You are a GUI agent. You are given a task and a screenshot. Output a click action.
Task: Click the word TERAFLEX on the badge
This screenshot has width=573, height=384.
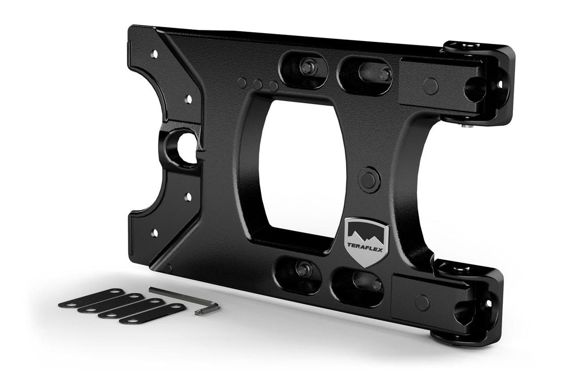pos(366,250)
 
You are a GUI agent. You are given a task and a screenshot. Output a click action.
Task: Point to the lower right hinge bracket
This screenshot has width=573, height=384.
pos(470,304)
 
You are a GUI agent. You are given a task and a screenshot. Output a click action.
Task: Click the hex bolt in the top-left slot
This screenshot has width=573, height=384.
pos(307,68)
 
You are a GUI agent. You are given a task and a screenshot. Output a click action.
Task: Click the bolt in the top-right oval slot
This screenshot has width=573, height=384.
pos(384,74)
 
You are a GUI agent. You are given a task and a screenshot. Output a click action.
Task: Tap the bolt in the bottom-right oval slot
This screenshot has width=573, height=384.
pos(377,285)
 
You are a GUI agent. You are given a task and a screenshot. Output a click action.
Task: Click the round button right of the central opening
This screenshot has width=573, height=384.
pos(369,180)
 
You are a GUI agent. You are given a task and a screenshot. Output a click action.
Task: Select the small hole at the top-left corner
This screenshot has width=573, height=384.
pos(154,54)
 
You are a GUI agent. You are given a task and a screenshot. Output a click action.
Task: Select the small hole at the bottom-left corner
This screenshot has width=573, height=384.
pos(154,232)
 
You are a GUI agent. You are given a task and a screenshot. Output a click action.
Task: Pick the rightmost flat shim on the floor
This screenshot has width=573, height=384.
pos(152,313)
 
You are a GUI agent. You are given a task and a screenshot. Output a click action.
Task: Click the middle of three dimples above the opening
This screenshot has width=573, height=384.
pos(257,84)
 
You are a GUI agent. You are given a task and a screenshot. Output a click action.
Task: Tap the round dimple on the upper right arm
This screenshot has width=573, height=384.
pos(431,86)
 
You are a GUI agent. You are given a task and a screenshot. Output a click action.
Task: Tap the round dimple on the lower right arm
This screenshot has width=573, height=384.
pos(422,303)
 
